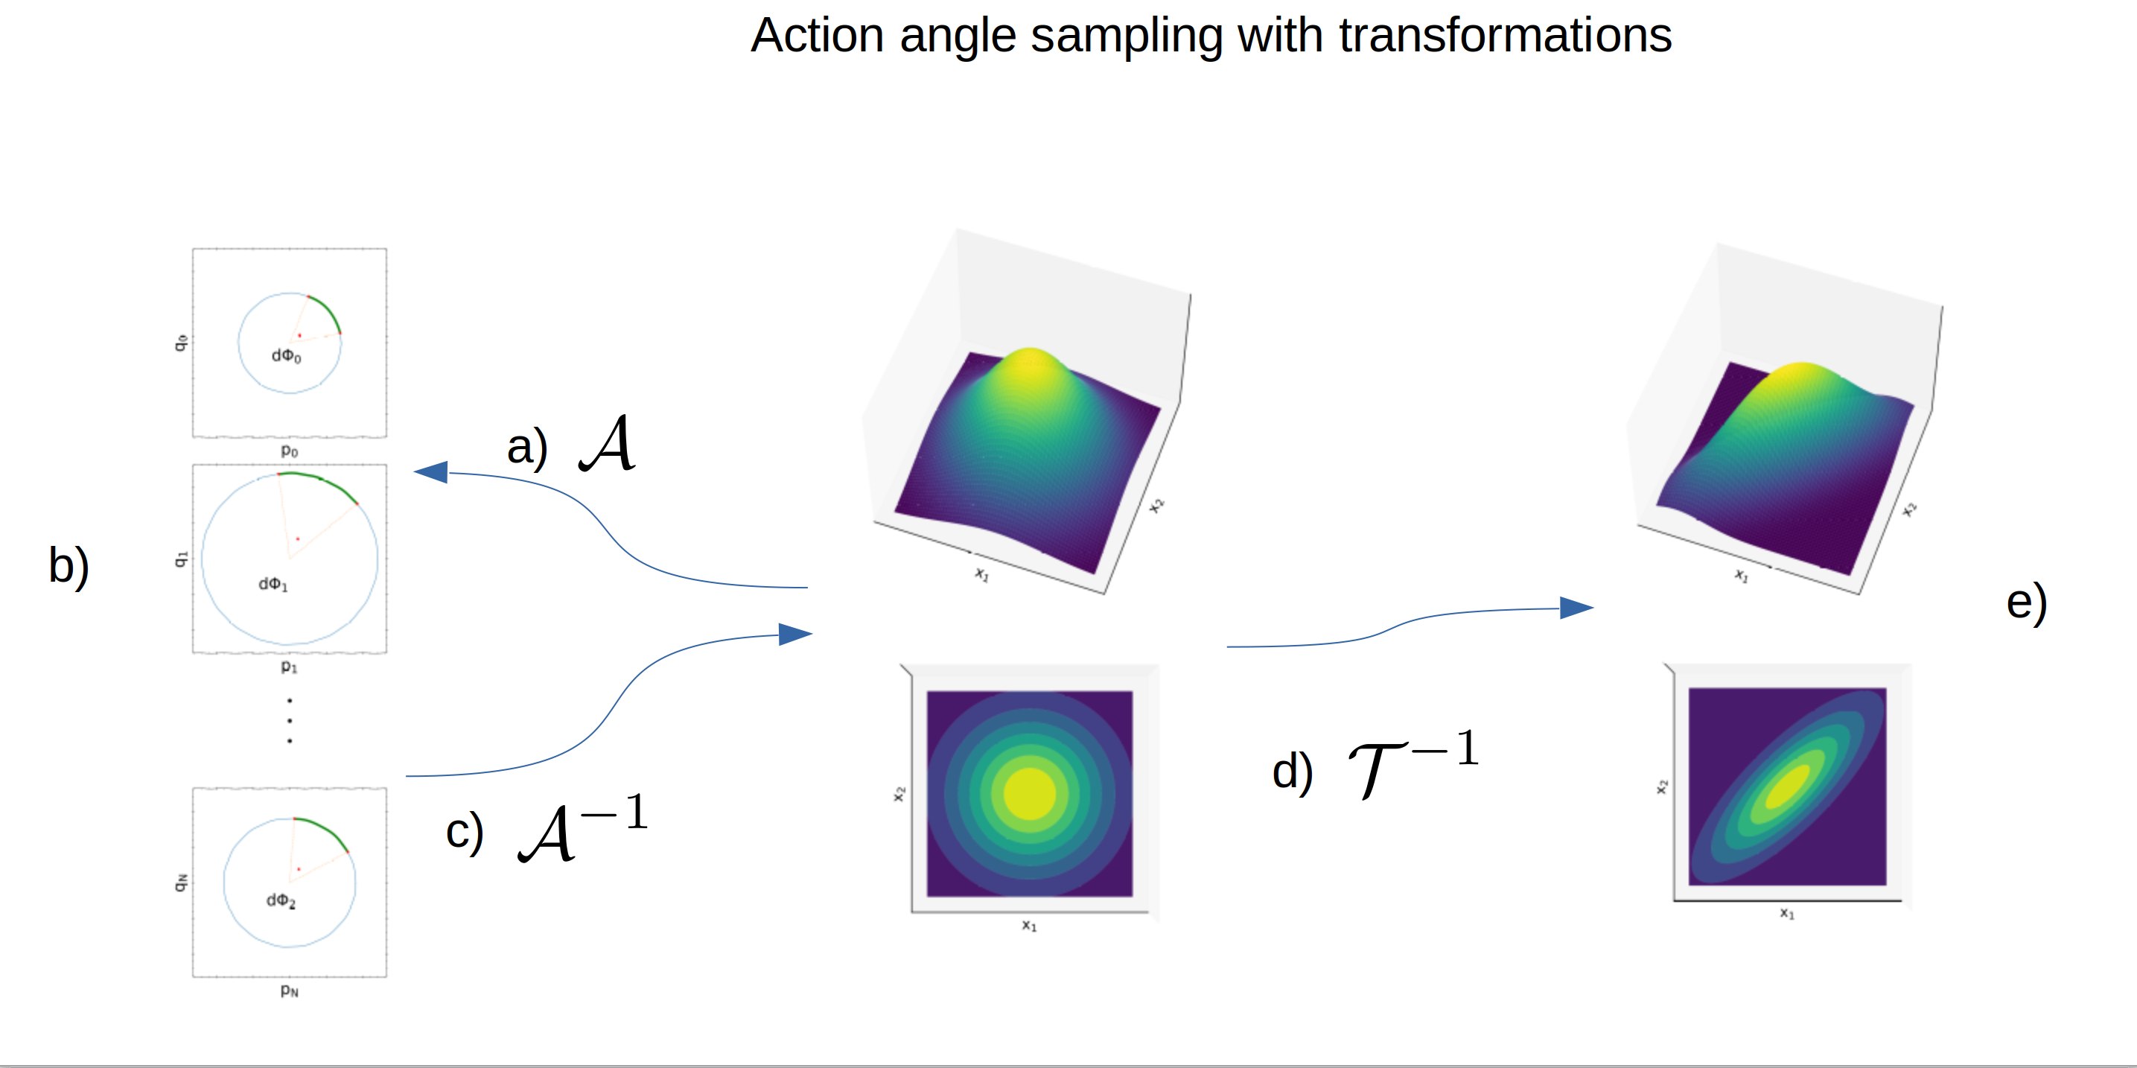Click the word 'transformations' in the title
point(1505,36)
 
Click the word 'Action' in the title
point(817,36)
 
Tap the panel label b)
point(69,566)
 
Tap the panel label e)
point(2027,602)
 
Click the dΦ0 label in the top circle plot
point(286,356)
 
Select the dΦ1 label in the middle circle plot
point(273,584)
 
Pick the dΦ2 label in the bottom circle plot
point(281,900)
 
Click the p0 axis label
point(289,451)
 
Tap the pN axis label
point(289,990)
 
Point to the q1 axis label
point(181,559)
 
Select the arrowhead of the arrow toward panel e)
point(1576,608)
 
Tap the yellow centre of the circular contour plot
point(1030,793)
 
